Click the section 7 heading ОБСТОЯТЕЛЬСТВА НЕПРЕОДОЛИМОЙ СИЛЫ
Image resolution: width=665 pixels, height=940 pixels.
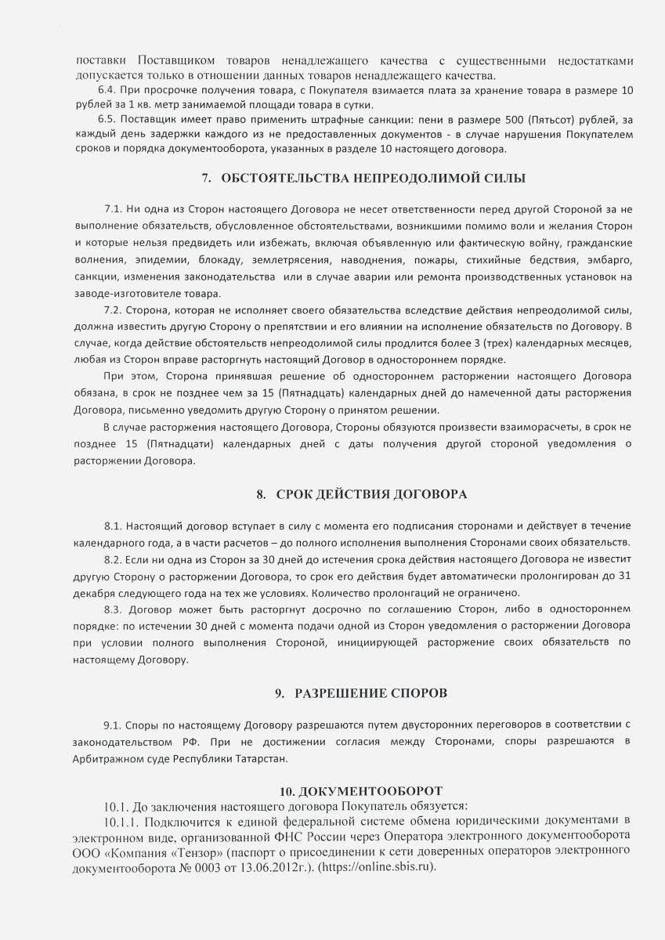(x=373, y=179)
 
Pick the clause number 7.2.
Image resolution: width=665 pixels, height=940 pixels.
(x=114, y=310)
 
